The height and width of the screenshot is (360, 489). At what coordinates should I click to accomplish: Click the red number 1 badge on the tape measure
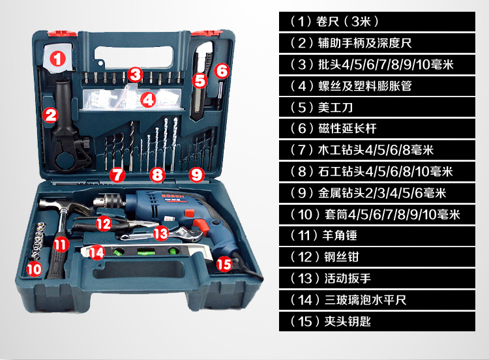57,58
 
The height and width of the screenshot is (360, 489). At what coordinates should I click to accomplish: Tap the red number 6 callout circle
222,71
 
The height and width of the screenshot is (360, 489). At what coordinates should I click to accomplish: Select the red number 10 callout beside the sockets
34,269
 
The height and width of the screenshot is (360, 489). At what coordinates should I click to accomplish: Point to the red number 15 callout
224,264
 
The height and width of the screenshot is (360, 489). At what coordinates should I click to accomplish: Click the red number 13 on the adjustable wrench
161,233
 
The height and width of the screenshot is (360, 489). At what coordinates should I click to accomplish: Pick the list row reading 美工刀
377,108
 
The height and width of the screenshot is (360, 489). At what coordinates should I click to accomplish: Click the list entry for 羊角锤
377,235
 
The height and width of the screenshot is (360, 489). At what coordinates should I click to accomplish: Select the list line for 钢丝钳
377,257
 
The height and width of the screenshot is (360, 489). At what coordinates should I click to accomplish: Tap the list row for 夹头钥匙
377,321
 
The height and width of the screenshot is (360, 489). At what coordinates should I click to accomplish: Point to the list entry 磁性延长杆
377,128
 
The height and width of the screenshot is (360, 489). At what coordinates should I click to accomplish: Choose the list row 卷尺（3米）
377,22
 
